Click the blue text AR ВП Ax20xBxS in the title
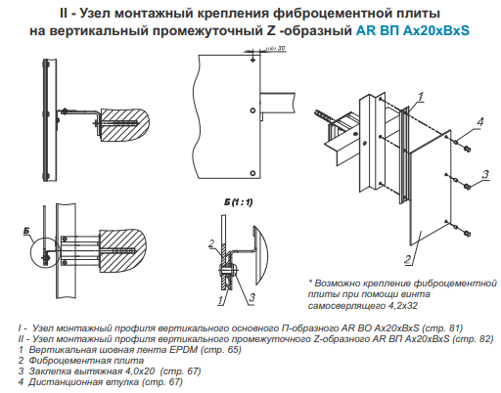[413, 30]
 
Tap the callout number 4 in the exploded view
[479, 122]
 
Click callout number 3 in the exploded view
[485, 174]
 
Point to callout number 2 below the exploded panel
[408, 259]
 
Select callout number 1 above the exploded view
[421, 97]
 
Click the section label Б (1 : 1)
[238, 202]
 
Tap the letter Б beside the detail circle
[26, 231]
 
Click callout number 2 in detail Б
[211, 243]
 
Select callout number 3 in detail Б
[251, 297]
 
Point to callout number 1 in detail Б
[221, 300]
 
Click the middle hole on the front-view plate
[252, 110]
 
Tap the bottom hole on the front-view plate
[252, 173]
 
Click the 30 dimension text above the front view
[282, 48]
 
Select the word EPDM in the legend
[183, 350]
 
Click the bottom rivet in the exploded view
[467, 234]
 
